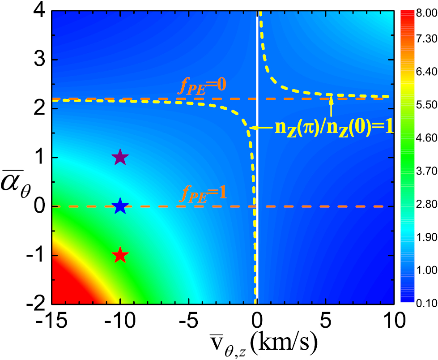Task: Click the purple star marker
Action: [x=120, y=158]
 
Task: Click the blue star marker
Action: [x=120, y=206]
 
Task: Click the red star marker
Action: [x=120, y=256]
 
